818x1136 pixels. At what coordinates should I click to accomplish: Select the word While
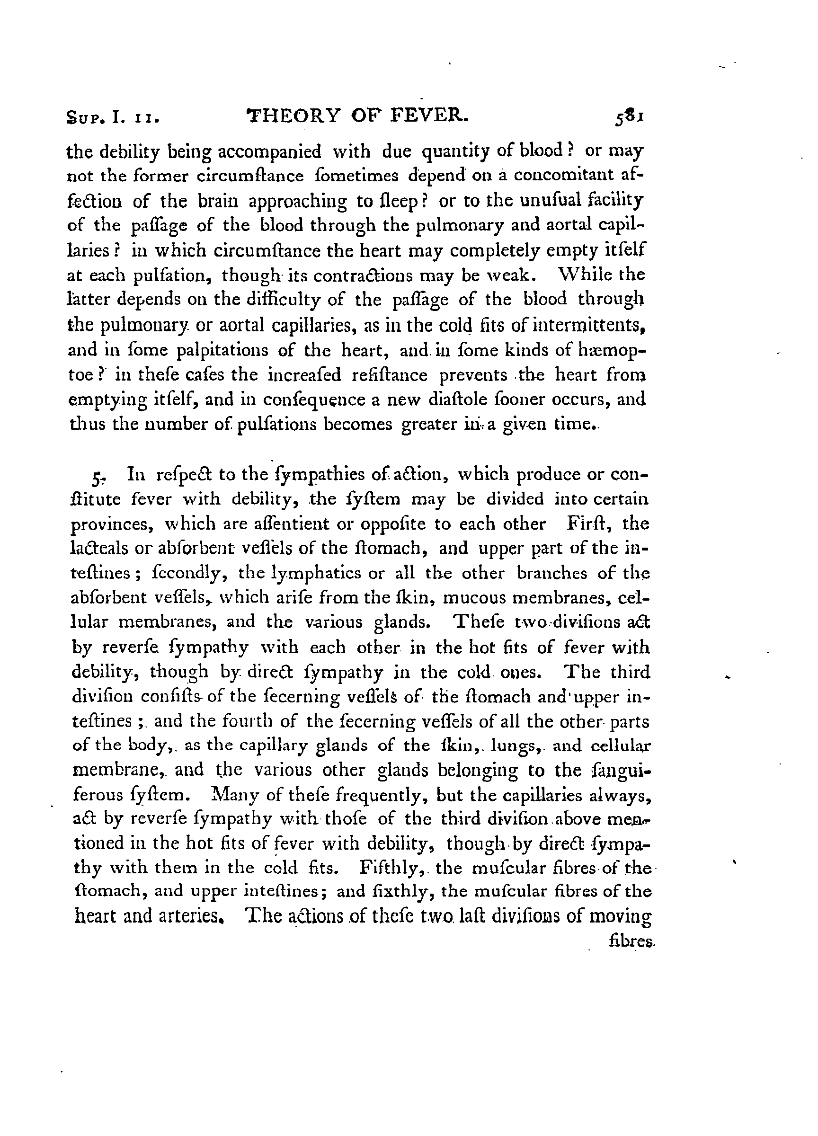582,275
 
